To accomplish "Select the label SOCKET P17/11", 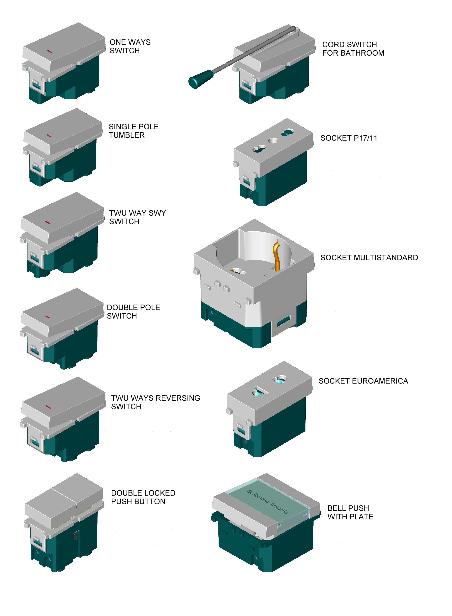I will coord(349,138).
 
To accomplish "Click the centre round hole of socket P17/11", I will coord(273,141).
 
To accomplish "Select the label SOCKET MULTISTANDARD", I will coord(369,258).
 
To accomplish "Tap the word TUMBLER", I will coord(127,135).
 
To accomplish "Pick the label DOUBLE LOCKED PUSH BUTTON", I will coord(143,497).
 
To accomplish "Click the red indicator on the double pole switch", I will coord(47,317).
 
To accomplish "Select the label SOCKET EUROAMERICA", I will coord(363,381).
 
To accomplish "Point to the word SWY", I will coord(157,213).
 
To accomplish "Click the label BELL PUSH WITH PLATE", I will coord(350,512).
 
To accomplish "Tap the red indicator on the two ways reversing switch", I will coord(48,407).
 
